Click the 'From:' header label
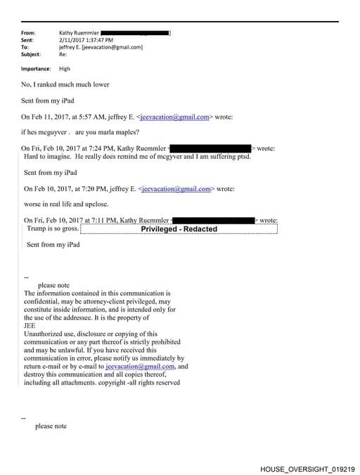click(28, 33)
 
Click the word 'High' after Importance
click(65, 69)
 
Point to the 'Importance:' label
click(36, 69)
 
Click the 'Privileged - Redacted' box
click(179, 229)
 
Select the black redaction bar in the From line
click(135, 33)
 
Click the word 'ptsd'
click(240, 156)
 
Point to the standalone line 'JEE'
click(30, 325)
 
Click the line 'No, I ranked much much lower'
click(65, 84)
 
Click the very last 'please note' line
click(51, 427)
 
